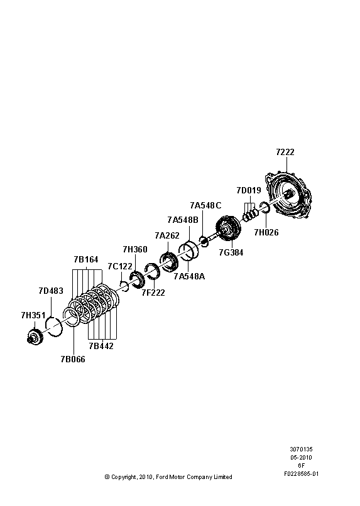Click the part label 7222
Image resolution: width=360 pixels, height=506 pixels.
(285, 153)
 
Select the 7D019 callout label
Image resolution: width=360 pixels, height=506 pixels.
(249, 190)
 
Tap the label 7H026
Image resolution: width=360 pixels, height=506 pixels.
(266, 232)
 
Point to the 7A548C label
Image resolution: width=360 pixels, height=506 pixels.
(205, 205)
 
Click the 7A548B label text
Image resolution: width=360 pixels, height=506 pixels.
(182, 220)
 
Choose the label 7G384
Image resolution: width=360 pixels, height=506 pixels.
(231, 252)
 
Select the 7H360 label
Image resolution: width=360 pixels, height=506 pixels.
(135, 249)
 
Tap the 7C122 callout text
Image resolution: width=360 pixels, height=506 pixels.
(120, 266)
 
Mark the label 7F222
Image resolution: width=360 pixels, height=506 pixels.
(153, 292)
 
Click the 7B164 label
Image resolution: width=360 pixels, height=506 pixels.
(86, 259)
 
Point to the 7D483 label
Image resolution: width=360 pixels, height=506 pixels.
(51, 291)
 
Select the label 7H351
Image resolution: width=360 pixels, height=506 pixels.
(33, 315)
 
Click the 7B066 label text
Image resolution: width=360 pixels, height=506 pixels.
(72, 360)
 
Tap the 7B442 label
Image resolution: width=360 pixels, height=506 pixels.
(101, 346)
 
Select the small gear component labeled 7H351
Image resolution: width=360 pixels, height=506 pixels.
(36, 336)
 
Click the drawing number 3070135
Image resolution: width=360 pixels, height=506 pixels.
(301, 450)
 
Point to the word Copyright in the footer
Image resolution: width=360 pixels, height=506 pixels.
(125, 477)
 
